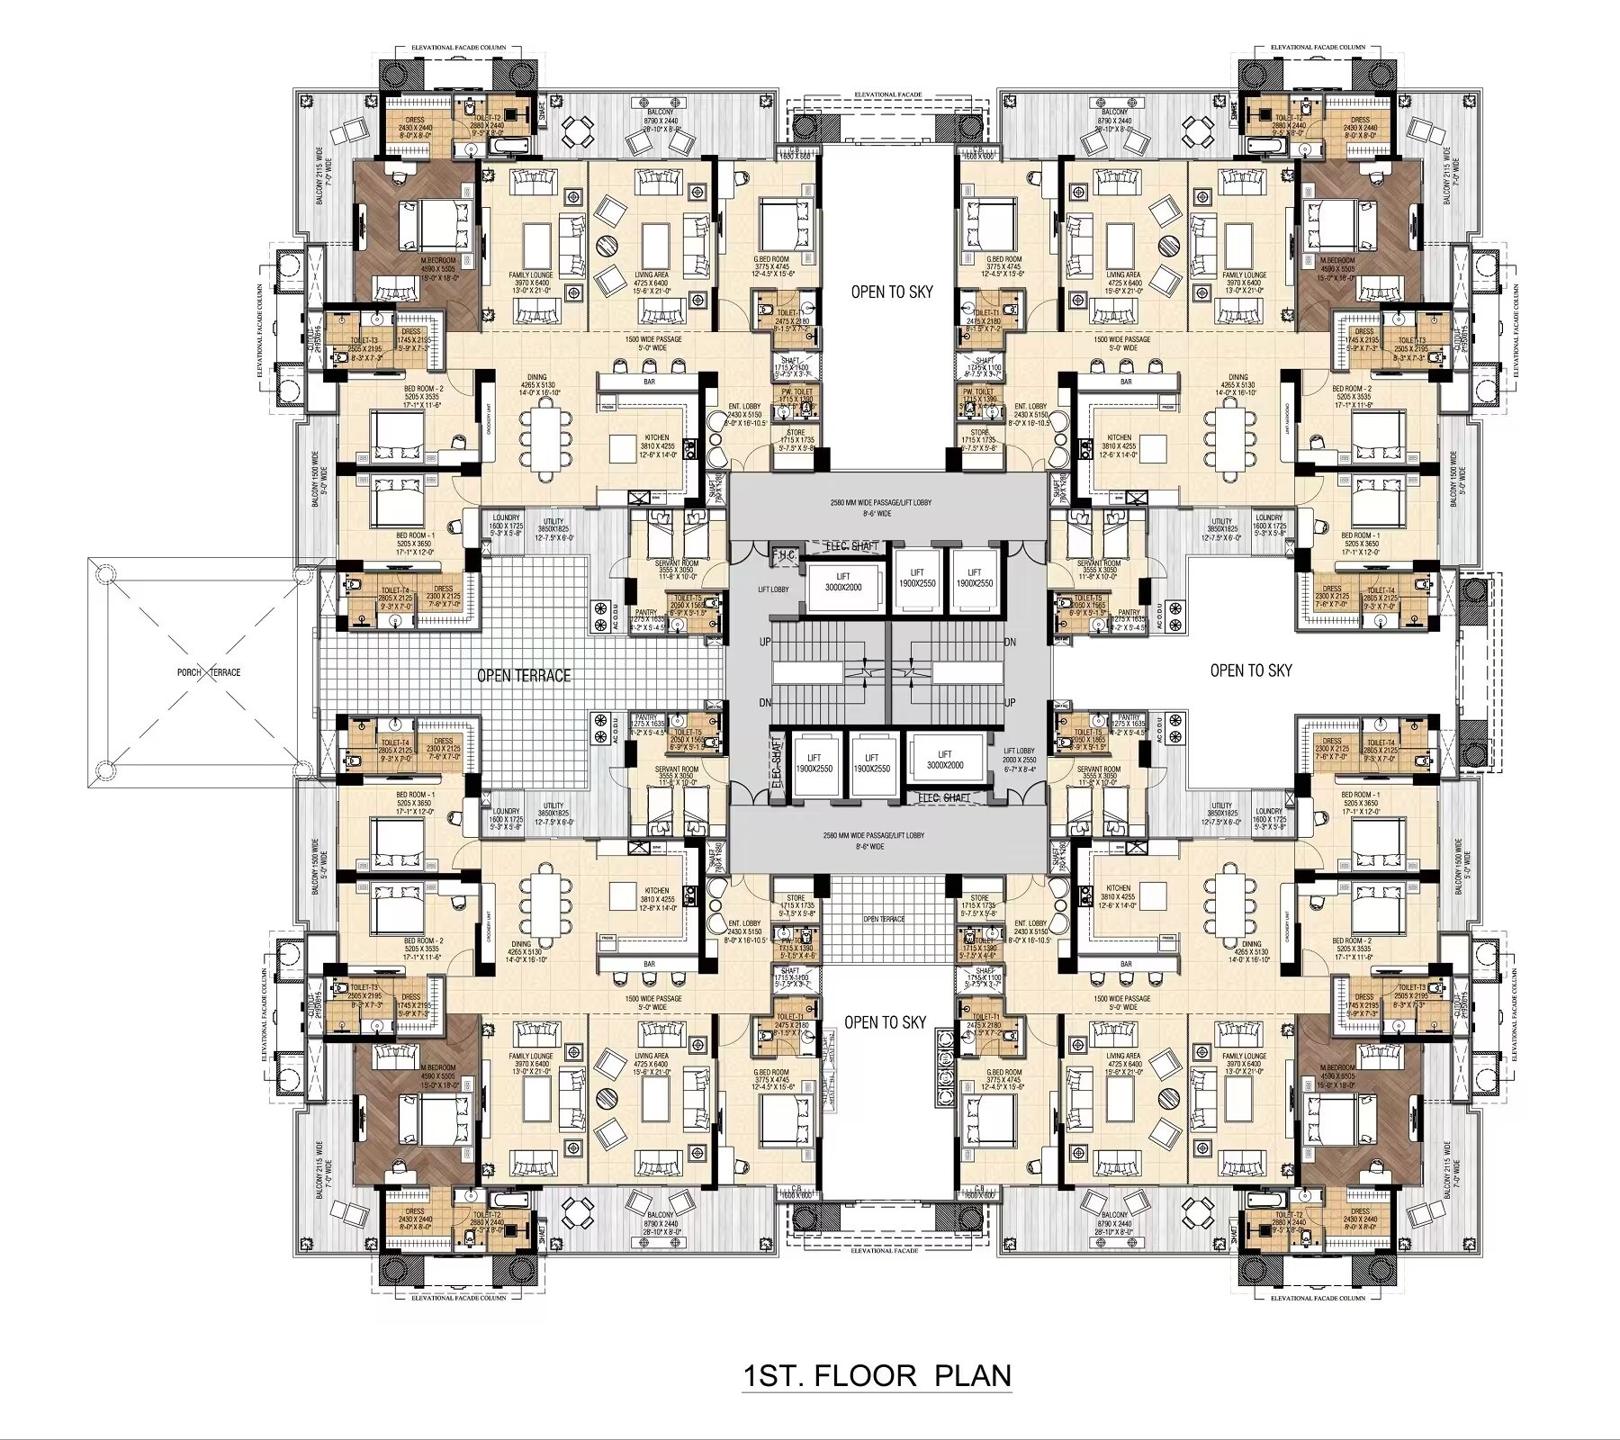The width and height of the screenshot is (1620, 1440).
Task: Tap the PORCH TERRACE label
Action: [x=209, y=672]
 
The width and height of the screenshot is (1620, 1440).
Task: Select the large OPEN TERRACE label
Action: [x=523, y=675]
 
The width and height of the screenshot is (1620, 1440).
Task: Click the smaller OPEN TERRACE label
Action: [x=884, y=919]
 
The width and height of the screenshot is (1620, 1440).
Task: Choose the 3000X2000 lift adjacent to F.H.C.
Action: [x=842, y=581]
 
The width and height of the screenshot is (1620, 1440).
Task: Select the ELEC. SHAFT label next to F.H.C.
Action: [x=851, y=546]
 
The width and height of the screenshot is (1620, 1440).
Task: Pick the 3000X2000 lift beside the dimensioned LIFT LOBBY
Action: [x=944, y=760]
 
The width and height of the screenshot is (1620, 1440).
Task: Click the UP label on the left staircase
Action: [x=765, y=643]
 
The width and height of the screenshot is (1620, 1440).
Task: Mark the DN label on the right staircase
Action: [x=1010, y=643]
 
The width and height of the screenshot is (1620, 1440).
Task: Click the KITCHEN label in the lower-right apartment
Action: [x=1118, y=887]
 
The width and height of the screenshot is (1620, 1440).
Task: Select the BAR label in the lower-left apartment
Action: [x=649, y=964]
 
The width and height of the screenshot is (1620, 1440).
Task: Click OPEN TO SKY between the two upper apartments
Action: [x=891, y=292]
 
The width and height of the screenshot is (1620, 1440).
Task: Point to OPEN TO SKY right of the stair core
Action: [x=1250, y=670]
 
